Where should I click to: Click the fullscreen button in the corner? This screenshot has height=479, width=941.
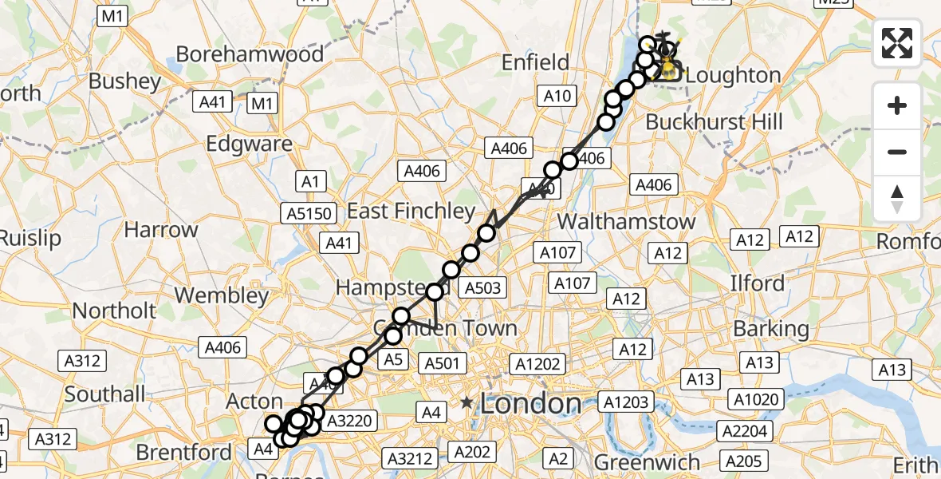897,43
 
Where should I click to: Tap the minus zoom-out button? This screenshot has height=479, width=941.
897,152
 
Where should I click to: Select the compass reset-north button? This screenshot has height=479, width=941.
897,198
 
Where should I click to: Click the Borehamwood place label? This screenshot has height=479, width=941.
250,54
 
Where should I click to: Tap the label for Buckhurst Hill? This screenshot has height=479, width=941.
714,122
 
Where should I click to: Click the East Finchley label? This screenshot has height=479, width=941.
411,211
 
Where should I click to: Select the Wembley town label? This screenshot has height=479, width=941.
222,295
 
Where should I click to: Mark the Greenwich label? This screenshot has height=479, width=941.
648,462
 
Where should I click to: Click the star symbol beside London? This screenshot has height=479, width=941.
467,404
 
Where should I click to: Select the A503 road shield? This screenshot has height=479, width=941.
483,288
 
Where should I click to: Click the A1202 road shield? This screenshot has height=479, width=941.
538,364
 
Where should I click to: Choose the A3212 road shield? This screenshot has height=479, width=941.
410,458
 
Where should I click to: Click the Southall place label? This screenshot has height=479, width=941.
105,394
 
